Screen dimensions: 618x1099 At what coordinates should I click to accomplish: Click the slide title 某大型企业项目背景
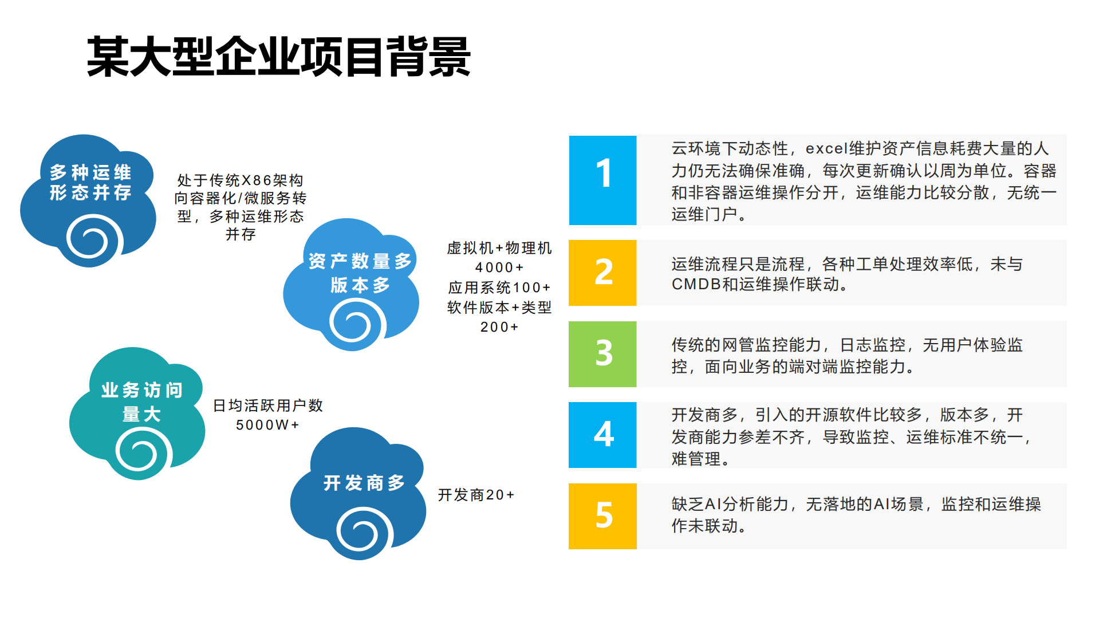click(x=278, y=57)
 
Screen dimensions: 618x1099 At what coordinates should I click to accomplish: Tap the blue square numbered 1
click(x=602, y=180)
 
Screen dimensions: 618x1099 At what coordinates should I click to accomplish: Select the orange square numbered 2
click(x=602, y=273)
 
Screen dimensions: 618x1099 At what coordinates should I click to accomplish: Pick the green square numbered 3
click(x=602, y=354)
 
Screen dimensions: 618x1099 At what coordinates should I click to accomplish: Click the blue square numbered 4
click(x=602, y=435)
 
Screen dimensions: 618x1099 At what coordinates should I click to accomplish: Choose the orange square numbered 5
click(x=602, y=516)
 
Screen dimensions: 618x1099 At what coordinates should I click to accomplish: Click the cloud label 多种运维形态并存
click(x=90, y=182)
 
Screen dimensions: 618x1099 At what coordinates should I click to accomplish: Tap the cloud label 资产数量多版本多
click(x=360, y=273)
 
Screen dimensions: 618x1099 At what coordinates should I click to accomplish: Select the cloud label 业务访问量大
click(x=141, y=401)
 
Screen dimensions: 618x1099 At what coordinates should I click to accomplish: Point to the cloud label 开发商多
click(x=364, y=483)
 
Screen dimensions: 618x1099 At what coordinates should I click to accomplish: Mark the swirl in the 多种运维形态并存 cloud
click(x=93, y=239)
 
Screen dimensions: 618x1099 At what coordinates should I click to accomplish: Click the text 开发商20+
click(x=476, y=495)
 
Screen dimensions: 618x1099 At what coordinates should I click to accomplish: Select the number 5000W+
click(x=267, y=425)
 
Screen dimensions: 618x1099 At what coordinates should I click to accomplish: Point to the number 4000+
click(x=499, y=267)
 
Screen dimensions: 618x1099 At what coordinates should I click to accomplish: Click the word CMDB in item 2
click(x=696, y=284)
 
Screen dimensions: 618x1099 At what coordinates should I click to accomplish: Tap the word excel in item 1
click(x=826, y=149)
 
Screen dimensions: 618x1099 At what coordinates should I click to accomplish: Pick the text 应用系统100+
click(x=499, y=288)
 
